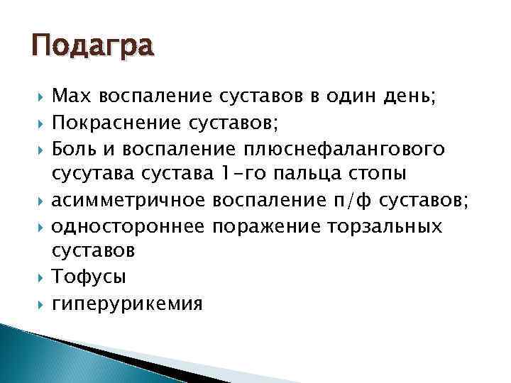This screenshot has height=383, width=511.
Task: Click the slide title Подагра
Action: click(92, 48)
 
